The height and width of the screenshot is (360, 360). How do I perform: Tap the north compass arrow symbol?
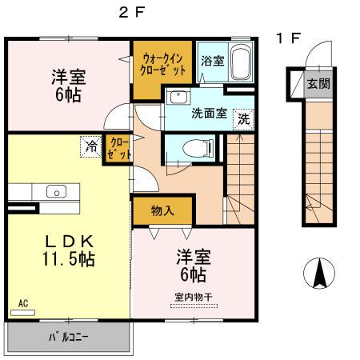click(319, 275)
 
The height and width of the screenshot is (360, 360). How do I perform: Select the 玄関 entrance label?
click(318, 84)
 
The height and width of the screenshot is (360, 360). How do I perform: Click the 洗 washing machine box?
click(244, 118)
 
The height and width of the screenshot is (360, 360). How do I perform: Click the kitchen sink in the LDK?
click(55, 190)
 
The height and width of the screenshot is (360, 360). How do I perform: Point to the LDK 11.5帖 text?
click(66, 250)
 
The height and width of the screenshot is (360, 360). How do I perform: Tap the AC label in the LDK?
click(23, 303)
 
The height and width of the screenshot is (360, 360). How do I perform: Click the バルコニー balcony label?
click(68, 337)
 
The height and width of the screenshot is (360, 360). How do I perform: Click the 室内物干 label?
click(193, 298)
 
